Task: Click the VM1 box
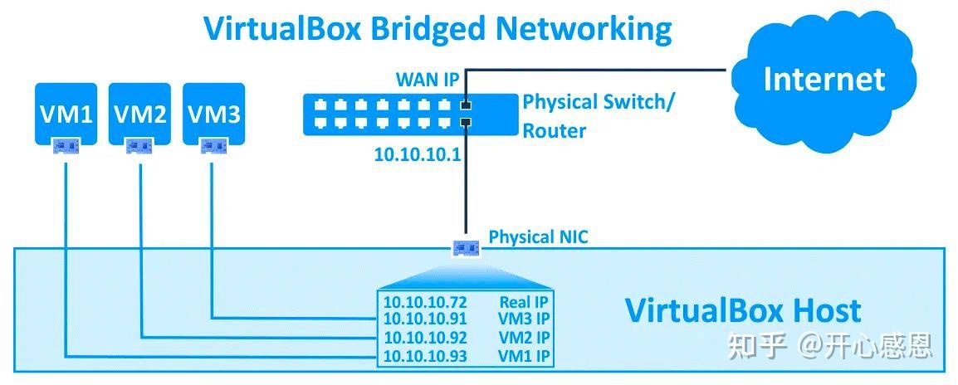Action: click(x=66, y=113)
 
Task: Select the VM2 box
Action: click(x=139, y=113)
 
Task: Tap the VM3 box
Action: click(x=213, y=113)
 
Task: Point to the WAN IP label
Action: click(x=427, y=80)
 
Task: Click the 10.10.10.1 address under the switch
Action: click(x=417, y=155)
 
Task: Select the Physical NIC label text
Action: click(x=538, y=236)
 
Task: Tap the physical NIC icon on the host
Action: click(x=466, y=247)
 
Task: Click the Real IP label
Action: click(x=525, y=302)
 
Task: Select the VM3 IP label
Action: click(x=524, y=319)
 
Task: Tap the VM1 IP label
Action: click(x=524, y=357)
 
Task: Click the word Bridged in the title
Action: click(x=428, y=28)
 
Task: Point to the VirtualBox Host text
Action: click(x=742, y=310)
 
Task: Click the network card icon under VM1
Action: click(x=66, y=146)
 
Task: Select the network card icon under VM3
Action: click(x=213, y=146)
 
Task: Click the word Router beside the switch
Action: click(x=554, y=130)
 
